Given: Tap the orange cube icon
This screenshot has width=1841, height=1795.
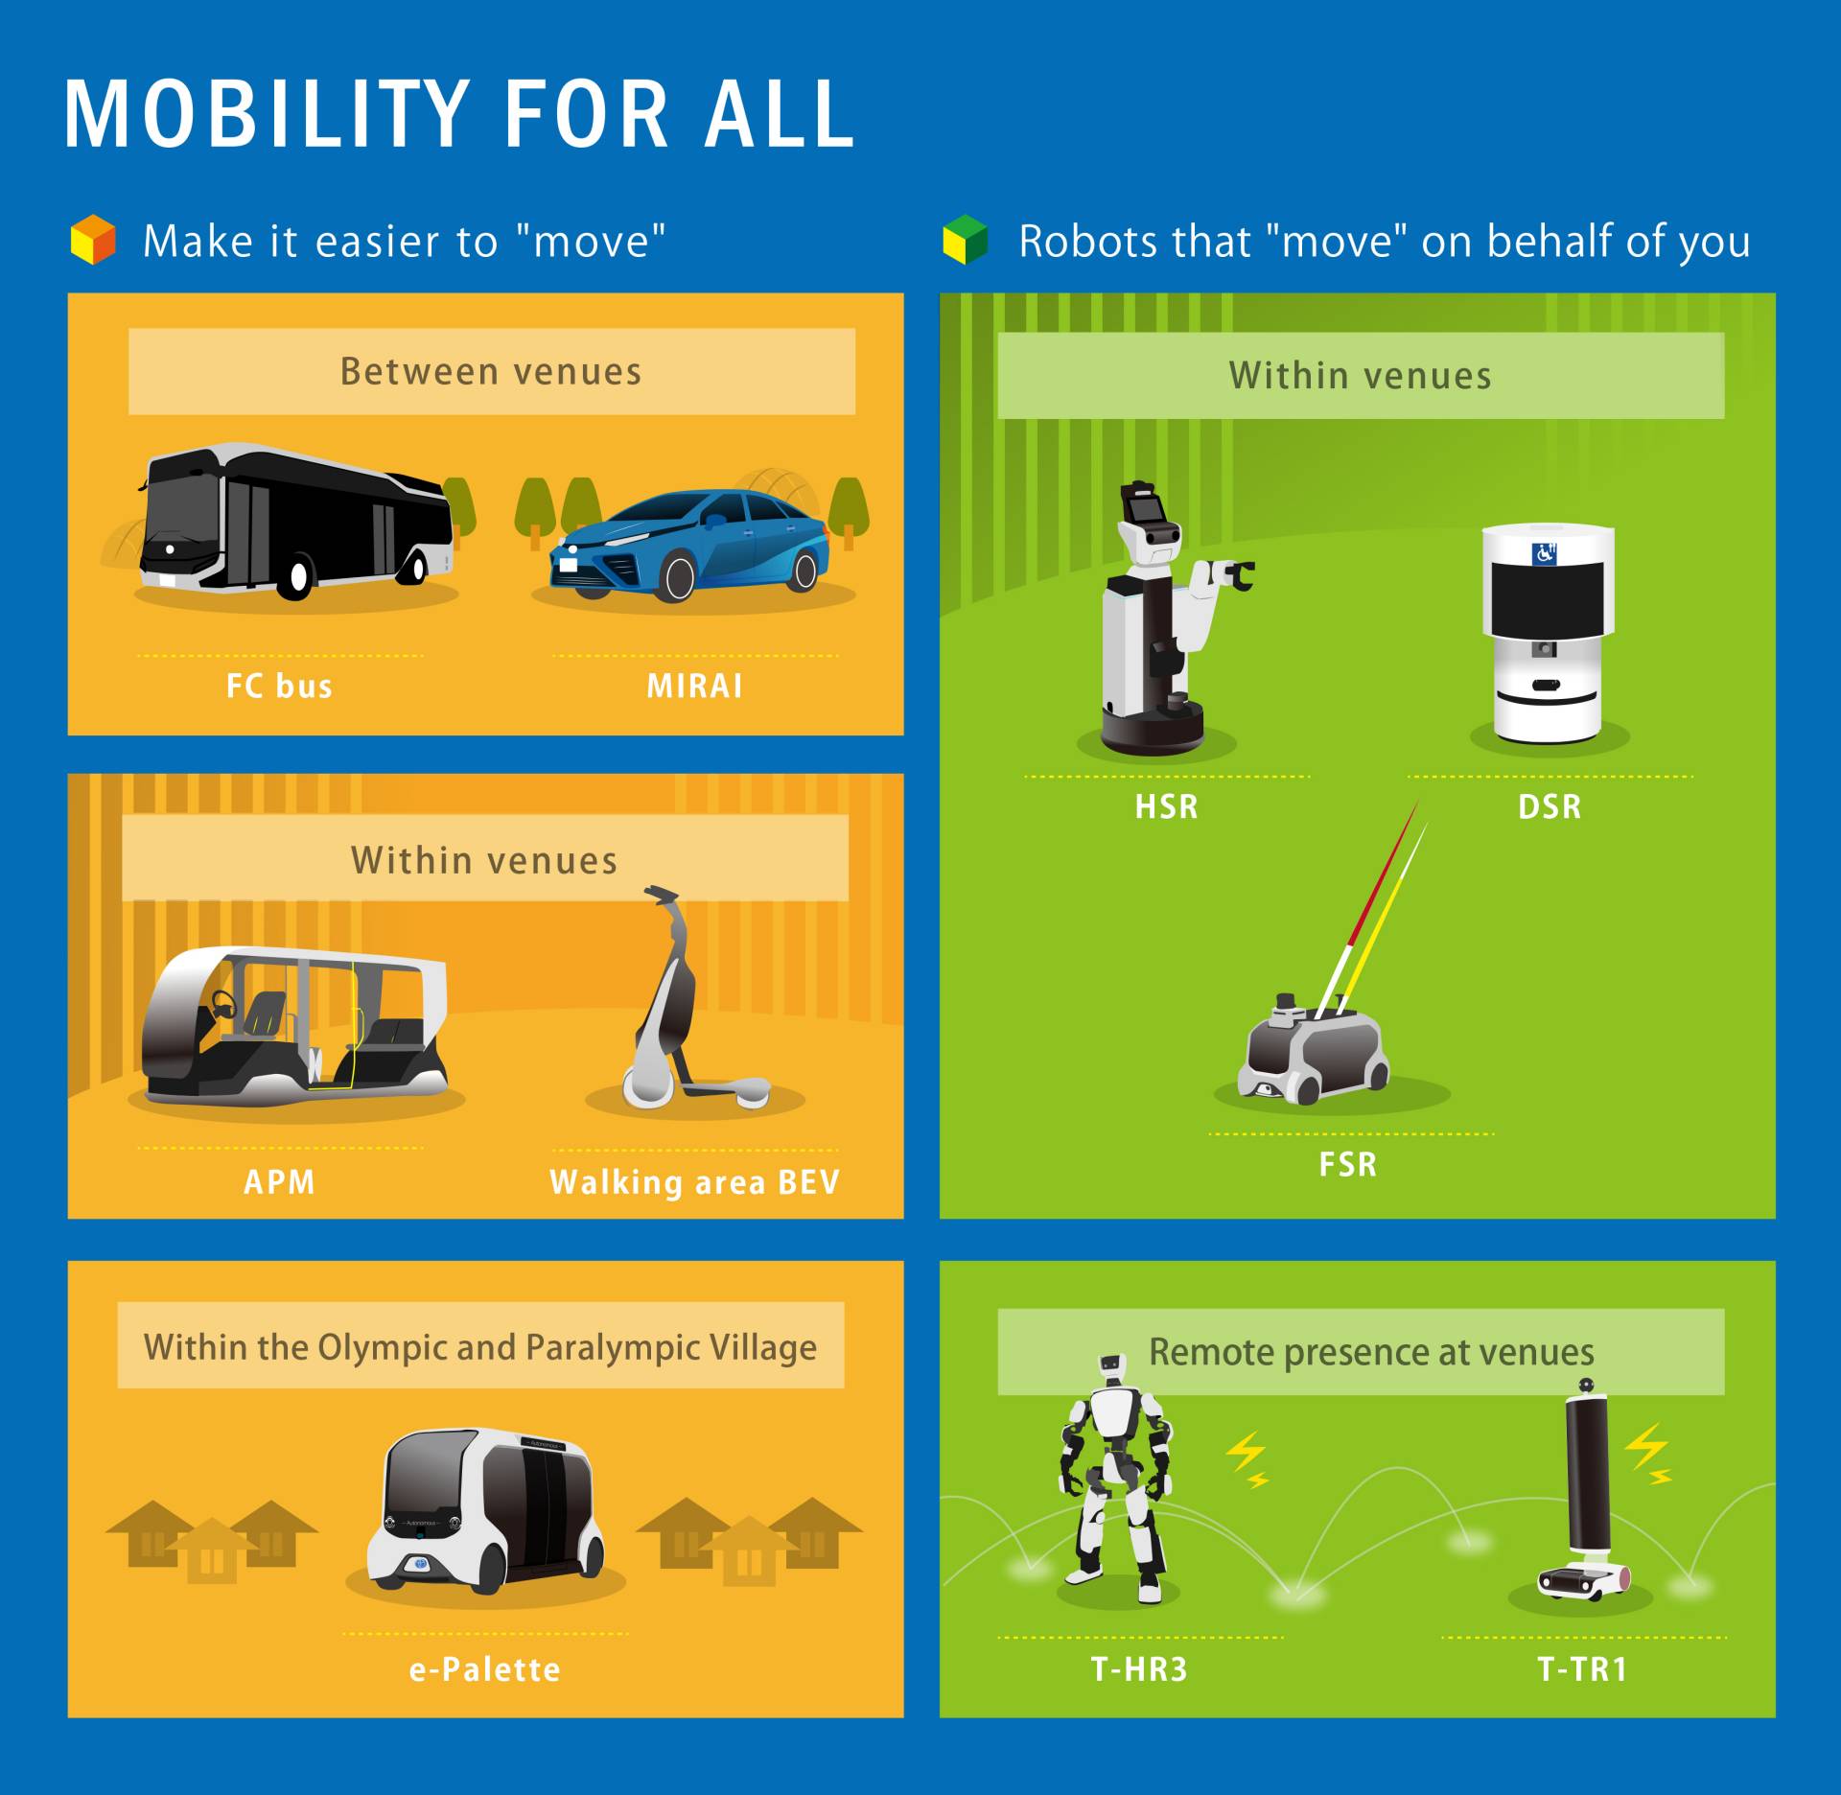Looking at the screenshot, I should click(93, 240).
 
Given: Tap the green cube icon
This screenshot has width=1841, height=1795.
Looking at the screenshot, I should click(965, 240).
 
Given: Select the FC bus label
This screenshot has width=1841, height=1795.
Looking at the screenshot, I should click(279, 687).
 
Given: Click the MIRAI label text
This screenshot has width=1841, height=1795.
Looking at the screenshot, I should click(694, 687).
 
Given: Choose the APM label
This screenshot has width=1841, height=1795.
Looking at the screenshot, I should click(279, 1181).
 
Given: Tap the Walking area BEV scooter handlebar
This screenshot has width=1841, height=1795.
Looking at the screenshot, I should click(662, 895).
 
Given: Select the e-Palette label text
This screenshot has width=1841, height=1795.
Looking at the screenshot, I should click(485, 1669).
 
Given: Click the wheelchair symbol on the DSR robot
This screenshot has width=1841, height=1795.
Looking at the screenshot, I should click(1544, 553).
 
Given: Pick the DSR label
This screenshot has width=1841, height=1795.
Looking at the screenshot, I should click(1550, 806).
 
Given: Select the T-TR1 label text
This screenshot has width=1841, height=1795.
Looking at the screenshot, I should click(1583, 1669).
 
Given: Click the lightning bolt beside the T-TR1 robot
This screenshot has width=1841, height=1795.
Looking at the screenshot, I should click(1649, 1451).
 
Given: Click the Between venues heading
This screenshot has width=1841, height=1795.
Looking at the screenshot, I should click(491, 372).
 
